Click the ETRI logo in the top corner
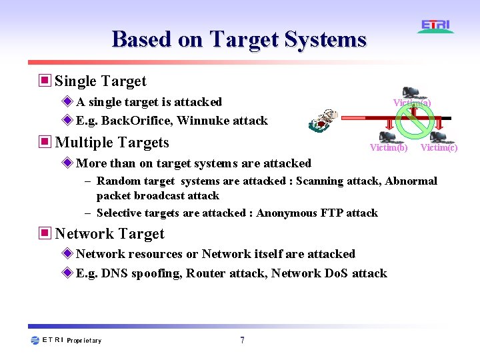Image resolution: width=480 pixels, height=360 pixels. point(436,26)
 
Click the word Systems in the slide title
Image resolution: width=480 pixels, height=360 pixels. point(325,39)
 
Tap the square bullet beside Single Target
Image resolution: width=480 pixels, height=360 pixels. point(45,81)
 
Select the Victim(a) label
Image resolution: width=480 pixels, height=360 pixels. point(411,103)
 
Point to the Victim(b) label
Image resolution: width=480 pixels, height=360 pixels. point(389,147)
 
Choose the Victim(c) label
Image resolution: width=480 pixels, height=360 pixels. point(439,147)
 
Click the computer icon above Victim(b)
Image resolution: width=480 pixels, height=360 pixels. point(387,135)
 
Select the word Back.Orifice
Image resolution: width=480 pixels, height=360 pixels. point(137,121)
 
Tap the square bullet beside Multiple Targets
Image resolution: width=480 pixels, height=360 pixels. point(45,143)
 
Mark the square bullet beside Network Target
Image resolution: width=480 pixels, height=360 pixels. point(45,234)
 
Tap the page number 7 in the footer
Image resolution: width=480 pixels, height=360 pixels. point(242,341)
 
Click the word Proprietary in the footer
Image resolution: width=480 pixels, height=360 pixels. point(84,341)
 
